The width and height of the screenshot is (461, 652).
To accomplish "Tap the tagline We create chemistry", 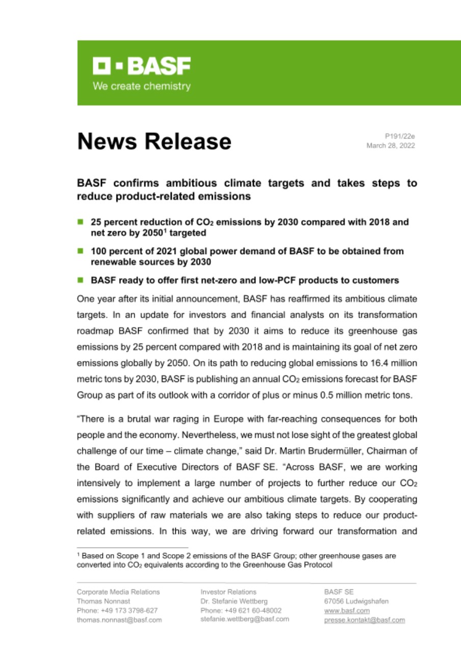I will [141, 86].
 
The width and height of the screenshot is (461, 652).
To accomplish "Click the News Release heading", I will [154, 141].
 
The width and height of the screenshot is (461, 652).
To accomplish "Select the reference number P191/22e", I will [400, 136].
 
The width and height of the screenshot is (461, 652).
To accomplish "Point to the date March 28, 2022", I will [391, 146].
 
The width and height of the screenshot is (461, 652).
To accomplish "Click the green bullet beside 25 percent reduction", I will [80, 222].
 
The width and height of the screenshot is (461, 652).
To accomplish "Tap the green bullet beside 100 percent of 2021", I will [80, 251].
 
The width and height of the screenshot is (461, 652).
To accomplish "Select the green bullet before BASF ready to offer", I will [80, 280].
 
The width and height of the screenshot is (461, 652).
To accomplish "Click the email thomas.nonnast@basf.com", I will [119, 620].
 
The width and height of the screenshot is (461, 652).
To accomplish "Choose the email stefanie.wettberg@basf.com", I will [245, 619].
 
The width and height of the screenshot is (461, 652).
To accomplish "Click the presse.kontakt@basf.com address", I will [364, 620].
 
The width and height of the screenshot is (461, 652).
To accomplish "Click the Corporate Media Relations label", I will [118, 592].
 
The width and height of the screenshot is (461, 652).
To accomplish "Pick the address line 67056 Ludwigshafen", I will [356, 601].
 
